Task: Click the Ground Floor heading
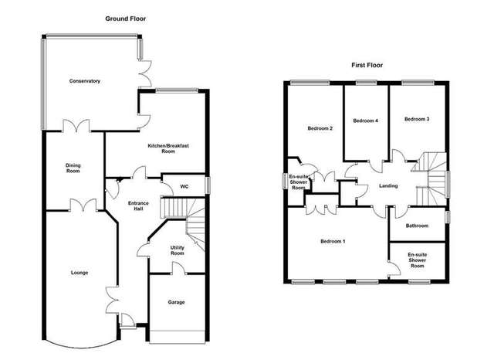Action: (x=125, y=19)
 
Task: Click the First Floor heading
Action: (x=367, y=65)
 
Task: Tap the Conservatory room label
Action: (x=85, y=81)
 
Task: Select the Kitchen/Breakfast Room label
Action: (x=168, y=148)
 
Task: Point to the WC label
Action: (x=184, y=187)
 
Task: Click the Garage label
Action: (x=176, y=302)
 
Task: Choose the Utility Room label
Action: (x=177, y=250)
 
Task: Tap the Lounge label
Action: (x=80, y=273)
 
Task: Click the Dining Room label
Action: (x=73, y=168)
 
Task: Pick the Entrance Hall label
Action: (x=138, y=205)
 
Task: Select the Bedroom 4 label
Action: (x=365, y=121)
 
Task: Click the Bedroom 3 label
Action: (x=417, y=119)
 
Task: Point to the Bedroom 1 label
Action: (x=333, y=242)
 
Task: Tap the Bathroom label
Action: (x=417, y=226)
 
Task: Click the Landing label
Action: (x=388, y=186)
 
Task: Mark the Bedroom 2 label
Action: (x=320, y=128)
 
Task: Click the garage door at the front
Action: (x=177, y=337)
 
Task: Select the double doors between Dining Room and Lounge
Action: (x=83, y=205)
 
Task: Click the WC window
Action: (x=208, y=185)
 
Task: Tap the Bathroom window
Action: (x=448, y=217)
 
